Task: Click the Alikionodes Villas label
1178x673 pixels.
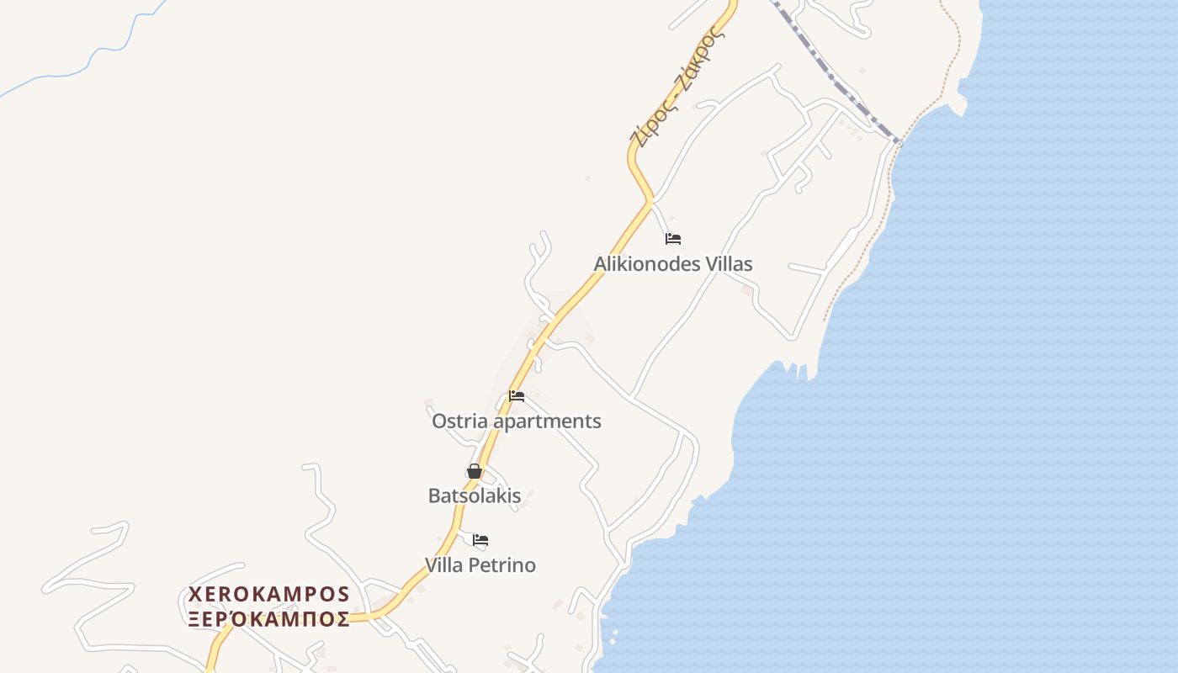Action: coord(673,264)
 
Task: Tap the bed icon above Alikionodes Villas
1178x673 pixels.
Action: coord(673,239)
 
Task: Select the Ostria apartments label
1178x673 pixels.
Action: coord(516,421)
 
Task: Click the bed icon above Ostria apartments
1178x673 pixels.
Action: coord(517,396)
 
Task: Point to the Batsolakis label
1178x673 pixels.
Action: coord(475,495)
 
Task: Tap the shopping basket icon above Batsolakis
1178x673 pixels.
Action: coord(475,471)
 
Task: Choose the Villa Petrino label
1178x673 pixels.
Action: coord(480,564)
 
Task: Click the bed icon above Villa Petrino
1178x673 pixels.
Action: coord(480,540)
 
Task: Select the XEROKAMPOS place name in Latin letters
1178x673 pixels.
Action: coord(269,595)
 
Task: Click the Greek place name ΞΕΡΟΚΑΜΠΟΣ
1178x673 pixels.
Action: coord(269,620)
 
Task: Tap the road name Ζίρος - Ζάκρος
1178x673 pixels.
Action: coord(677,88)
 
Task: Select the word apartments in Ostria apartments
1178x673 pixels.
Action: coord(547,421)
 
